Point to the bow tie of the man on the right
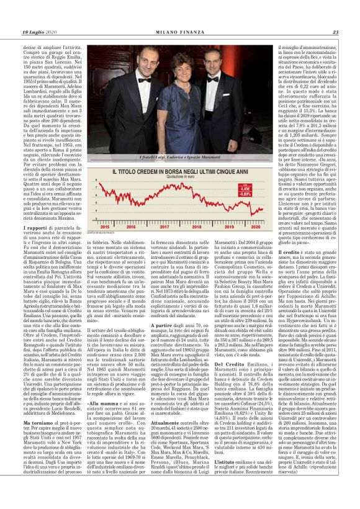(x=213, y=79)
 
